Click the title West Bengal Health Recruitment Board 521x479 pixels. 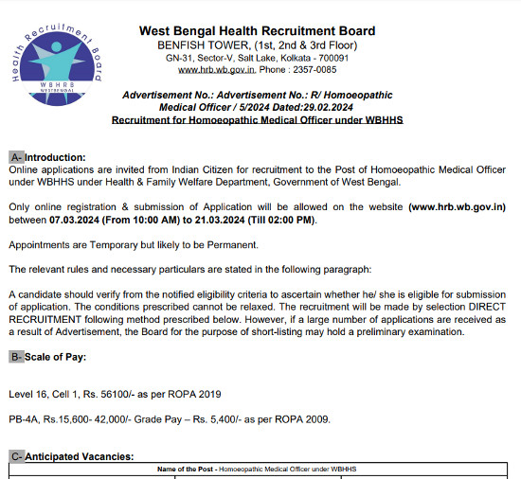coord(257,31)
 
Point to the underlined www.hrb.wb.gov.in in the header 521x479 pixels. coord(215,70)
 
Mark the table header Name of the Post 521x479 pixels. coord(186,470)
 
